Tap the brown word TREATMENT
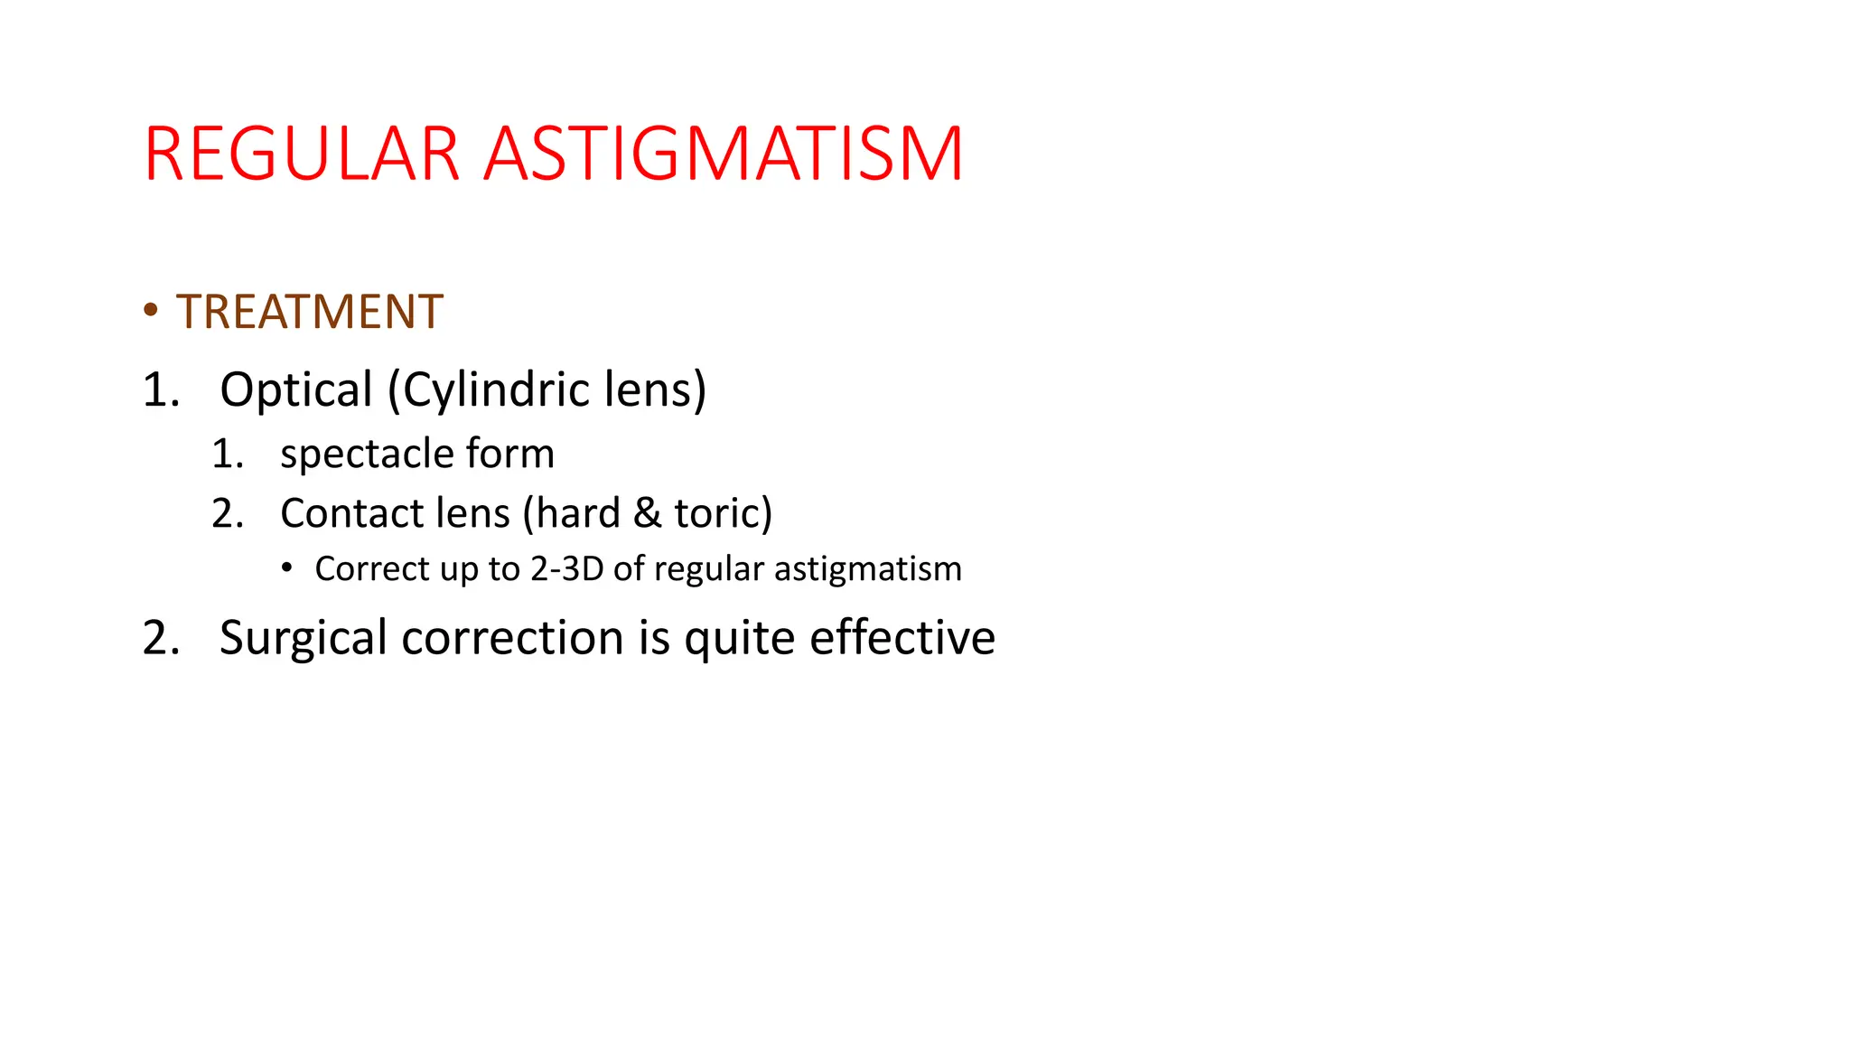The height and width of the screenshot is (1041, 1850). click(309, 312)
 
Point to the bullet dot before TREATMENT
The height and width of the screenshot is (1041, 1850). click(151, 310)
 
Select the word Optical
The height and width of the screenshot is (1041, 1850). click(295, 389)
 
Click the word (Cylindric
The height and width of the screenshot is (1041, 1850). click(489, 389)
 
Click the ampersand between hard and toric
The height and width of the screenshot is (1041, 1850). click(646, 513)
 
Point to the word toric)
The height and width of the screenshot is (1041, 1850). click(723, 513)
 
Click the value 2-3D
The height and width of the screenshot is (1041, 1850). click(566, 569)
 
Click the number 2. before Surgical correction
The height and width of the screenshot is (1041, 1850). click(162, 638)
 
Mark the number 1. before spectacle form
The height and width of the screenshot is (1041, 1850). click(228, 454)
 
